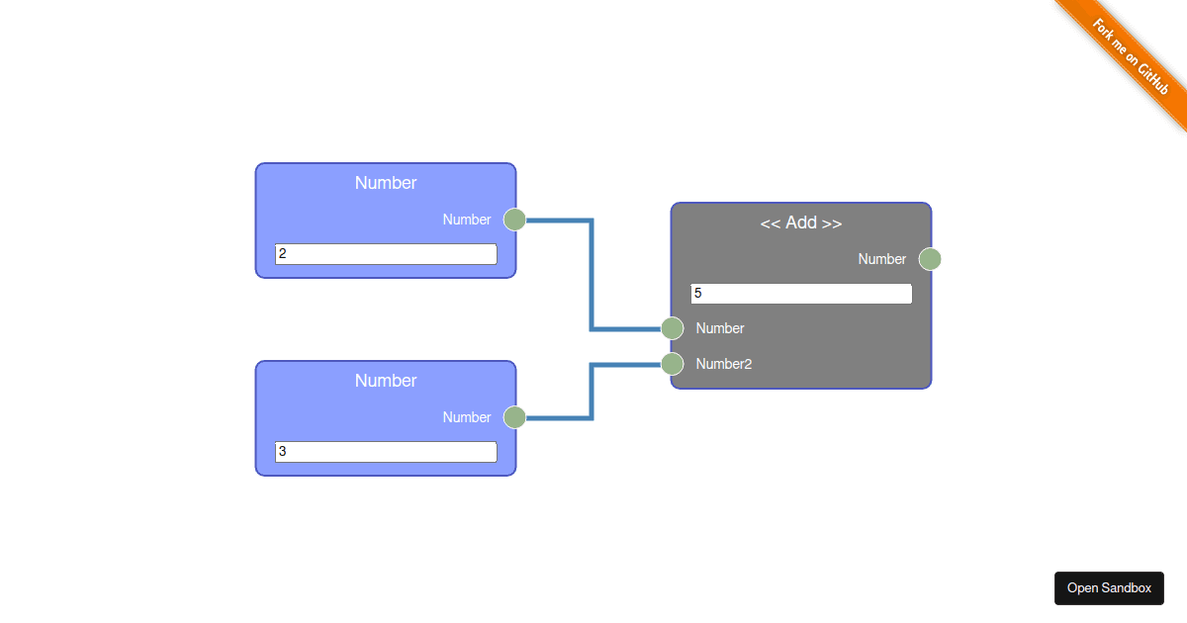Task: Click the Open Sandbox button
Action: [1109, 587]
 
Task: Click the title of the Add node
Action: [800, 222]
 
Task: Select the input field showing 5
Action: [800, 294]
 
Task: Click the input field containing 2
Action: [385, 254]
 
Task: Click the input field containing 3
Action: [385, 452]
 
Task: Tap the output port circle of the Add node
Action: [929, 259]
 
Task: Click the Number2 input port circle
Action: [673, 364]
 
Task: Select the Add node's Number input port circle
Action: [673, 328]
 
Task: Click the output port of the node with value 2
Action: [514, 220]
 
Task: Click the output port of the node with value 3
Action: [514, 417]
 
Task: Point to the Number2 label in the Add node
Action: [723, 364]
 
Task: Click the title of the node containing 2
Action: [385, 183]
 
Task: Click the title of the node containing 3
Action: [385, 381]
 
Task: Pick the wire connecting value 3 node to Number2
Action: [592, 392]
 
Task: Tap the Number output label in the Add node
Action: [881, 259]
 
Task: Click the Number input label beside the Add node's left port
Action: [719, 328]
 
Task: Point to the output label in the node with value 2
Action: [466, 220]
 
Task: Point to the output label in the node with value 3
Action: [466, 417]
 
